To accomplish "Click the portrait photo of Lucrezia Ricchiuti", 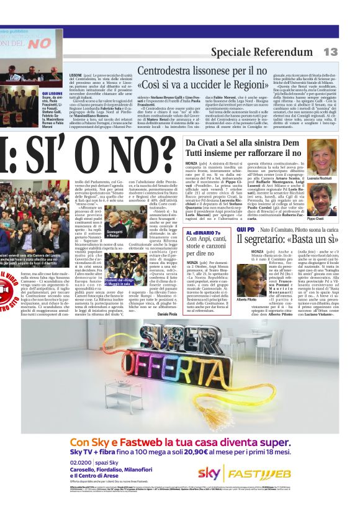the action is pos(323,157).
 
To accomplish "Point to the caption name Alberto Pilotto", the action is pos(247,300).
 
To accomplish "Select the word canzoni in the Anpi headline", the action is pos(217,246).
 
